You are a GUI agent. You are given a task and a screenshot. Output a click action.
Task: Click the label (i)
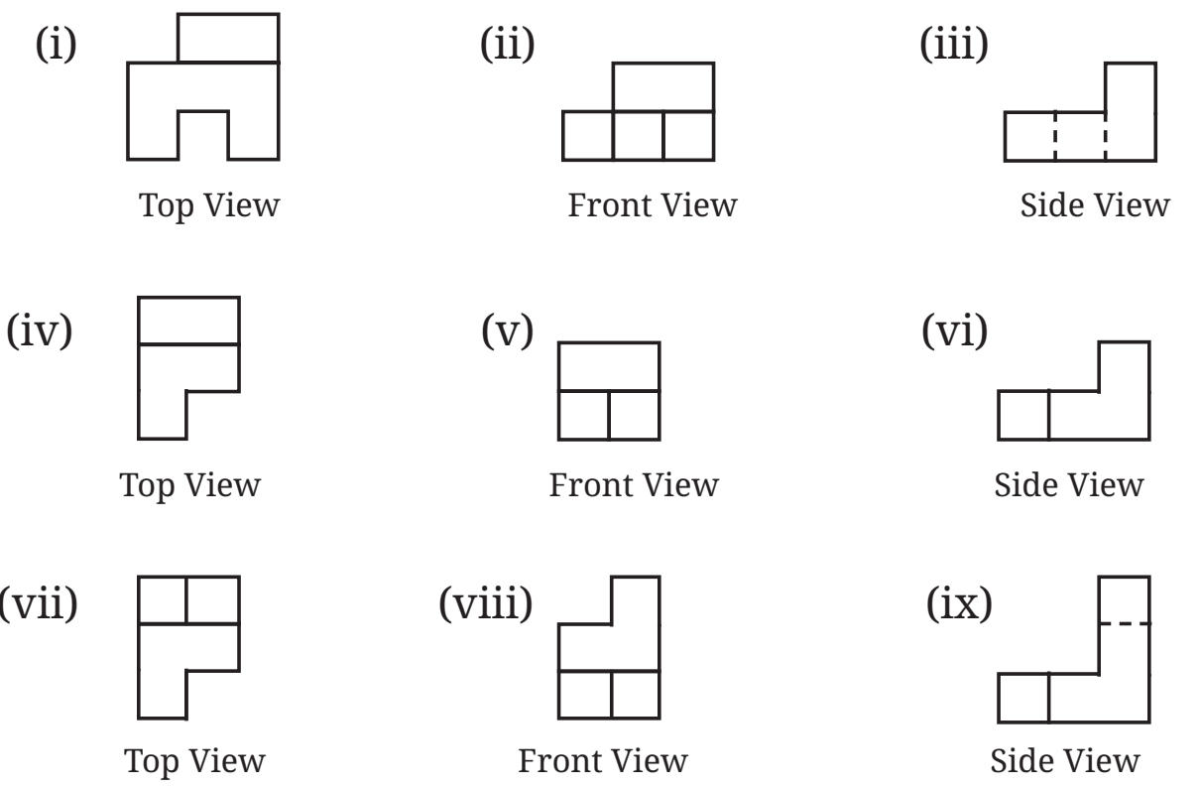[57, 44]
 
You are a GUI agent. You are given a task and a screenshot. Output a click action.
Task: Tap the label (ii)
[508, 44]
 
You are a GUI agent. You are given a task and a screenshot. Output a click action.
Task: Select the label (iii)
[954, 44]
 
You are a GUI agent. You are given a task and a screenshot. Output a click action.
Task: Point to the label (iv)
[40, 330]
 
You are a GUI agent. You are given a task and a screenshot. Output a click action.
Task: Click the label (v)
[508, 330]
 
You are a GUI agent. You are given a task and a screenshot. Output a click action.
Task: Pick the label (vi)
[955, 330]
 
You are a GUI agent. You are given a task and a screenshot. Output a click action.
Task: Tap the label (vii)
[39, 603]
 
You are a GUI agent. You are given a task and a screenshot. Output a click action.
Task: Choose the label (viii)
[486, 603]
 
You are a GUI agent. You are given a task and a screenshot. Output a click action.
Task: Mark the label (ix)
[959, 603]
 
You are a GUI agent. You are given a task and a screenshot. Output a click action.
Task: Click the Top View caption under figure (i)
[209, 206]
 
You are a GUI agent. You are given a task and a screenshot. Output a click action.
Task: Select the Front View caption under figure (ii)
[653, 205]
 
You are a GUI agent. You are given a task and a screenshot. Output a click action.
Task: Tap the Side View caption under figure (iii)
[1095, 205]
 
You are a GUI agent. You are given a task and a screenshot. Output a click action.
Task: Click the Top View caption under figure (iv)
[190, 486]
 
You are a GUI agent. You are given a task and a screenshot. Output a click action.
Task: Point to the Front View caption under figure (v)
[634, 485]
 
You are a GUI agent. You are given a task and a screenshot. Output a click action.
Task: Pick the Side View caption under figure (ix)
[1065, 760]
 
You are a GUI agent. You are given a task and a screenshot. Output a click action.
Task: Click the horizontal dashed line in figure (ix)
[1125, 623]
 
